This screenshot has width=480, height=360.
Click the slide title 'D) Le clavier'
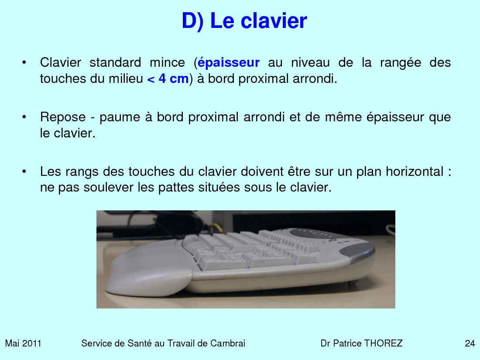[244, 21]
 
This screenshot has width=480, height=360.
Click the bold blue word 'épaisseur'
[228, 63]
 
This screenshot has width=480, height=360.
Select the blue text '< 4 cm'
[168, 79]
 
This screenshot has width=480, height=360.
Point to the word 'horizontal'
[415, 171]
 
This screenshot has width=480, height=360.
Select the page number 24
[470, 343]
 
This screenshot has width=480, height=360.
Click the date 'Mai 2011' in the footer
[23, 343]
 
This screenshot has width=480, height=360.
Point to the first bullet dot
[24, 63]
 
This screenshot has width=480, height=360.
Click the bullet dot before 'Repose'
[24, 117]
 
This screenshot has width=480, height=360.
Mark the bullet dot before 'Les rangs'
[24, 171]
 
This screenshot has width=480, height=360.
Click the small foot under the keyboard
[353, 283]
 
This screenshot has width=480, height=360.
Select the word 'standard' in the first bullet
[115, 63]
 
